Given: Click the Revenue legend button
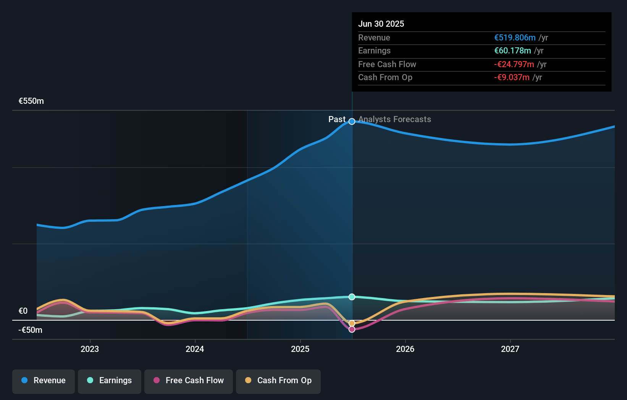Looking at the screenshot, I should [44, 381].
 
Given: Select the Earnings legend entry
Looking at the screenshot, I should [110, 381].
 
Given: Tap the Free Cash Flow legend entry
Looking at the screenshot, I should [189, 381].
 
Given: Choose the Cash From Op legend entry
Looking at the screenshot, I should [278, 381].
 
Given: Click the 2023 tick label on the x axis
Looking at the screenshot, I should [90, 349].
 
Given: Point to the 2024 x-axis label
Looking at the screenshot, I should [195, 349].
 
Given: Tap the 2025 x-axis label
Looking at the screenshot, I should [300, 349].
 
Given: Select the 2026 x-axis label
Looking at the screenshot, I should [405, 349].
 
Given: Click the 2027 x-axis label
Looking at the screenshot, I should [510, 349].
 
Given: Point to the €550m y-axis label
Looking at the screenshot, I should [31, 101].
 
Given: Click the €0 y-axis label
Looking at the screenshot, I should [23, 311].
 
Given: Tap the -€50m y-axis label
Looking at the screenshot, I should [31, 330].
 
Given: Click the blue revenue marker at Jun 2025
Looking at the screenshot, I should [352, 121].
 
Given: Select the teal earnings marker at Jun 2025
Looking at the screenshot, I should [352, 297].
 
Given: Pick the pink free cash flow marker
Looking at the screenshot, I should [352, 329].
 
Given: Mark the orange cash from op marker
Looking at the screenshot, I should [352, 323].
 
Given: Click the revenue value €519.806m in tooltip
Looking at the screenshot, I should [515, 38].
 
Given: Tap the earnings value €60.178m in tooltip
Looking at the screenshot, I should [512, 51].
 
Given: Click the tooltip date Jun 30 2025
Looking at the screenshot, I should [381, 24].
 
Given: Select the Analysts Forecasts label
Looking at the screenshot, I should [394, 119].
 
